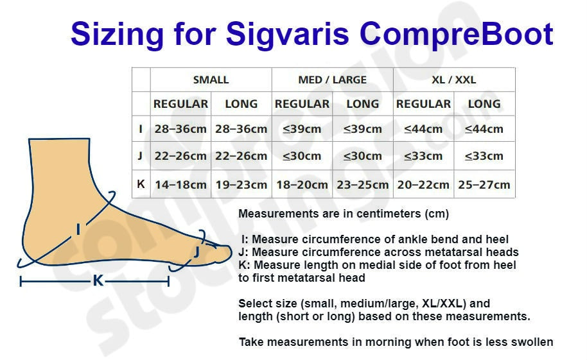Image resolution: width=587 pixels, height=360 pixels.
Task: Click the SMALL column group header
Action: (211, 80)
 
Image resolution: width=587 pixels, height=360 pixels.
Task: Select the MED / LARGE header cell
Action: (333, 80)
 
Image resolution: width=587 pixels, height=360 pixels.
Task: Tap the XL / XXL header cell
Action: (454, 80)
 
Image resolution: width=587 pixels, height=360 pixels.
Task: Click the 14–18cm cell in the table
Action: (180, 184)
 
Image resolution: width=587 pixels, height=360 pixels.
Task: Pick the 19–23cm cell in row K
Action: (241, 184)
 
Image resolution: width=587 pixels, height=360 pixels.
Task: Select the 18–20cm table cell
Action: (302, 184)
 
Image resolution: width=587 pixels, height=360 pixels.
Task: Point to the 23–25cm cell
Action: (363, 184)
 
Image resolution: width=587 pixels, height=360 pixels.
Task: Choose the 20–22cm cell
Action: (423, 184)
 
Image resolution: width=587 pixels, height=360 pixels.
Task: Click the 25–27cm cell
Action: (484, 184)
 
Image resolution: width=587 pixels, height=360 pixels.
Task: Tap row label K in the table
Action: (141, 184)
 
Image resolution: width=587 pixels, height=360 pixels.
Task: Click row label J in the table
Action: (141, 155)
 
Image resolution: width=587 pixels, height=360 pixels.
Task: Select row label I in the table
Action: (141, 129)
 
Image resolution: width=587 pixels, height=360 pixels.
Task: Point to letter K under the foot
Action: (98, 280)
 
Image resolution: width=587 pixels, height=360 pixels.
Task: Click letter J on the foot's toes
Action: (196, 252)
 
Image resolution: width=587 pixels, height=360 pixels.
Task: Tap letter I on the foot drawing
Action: (78, 229)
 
